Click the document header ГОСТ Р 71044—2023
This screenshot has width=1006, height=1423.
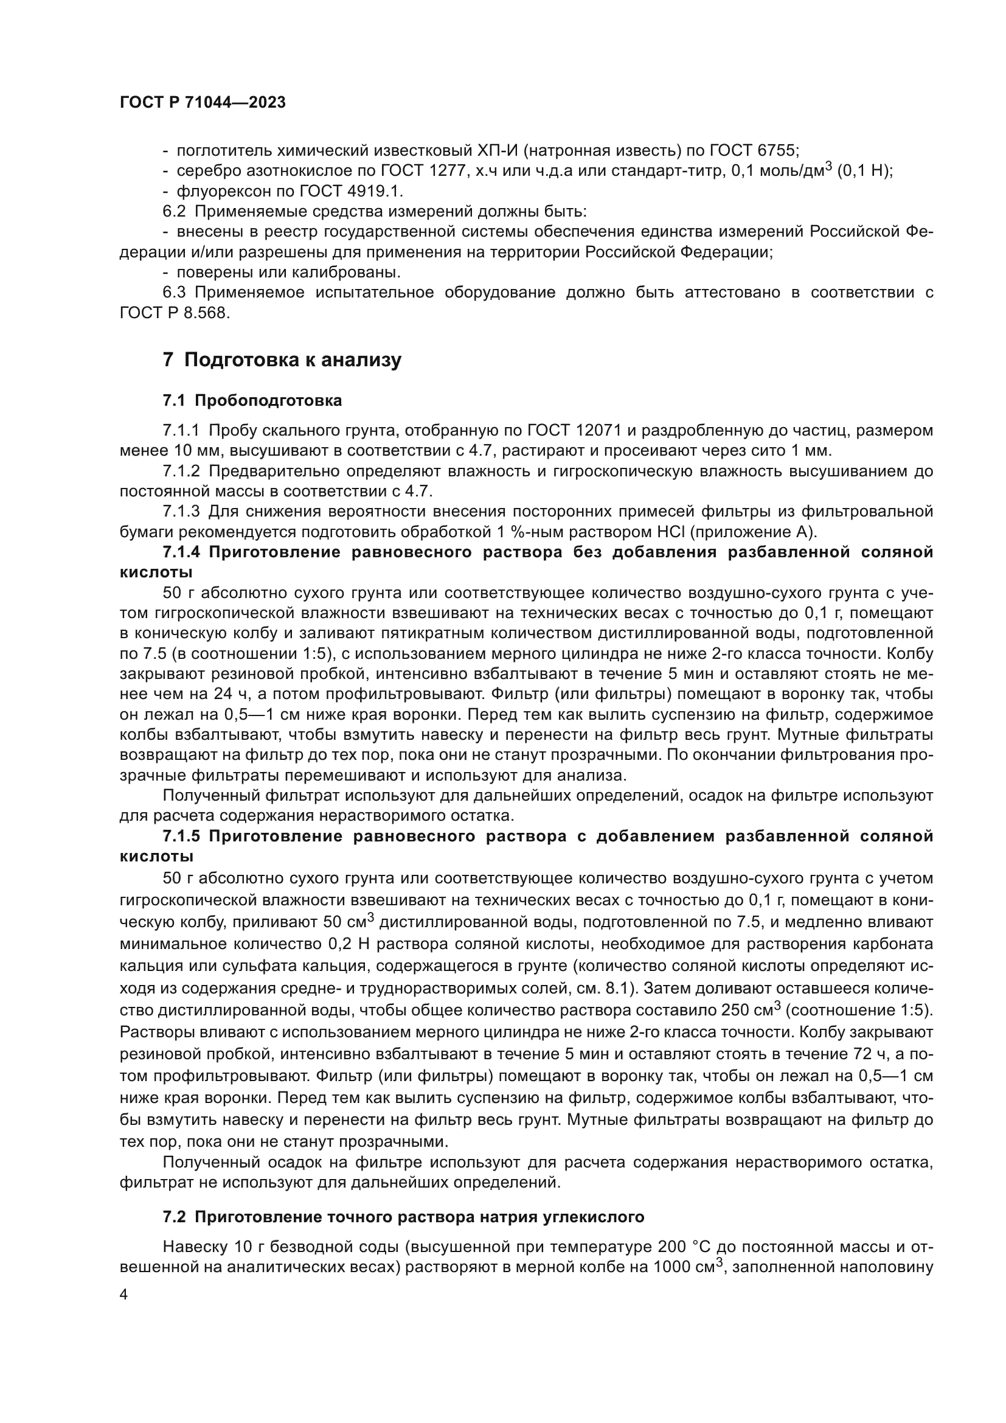tap(203, 103)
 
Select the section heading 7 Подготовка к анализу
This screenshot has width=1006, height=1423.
tap(282, 360)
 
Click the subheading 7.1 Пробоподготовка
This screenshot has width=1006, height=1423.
tap(252, 401)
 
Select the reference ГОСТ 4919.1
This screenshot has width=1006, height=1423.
tap(353, 191)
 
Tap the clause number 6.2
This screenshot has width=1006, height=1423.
tap(174, 211)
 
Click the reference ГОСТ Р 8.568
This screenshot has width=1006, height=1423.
tap(175, 313)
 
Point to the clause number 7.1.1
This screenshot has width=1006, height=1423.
tap(181, 431)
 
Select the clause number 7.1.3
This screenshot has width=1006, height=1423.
tap(181, 511)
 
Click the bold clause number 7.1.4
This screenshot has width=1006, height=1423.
tap(182, 552)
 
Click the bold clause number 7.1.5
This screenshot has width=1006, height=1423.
tap(182, 836)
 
